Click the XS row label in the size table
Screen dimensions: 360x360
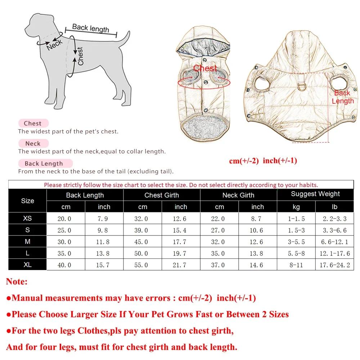click(27, 219)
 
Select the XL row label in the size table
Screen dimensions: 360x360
click(27, 265)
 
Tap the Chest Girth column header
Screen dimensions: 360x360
click(161, 195)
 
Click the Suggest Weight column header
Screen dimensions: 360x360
click(315, 194)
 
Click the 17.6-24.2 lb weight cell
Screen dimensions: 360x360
click(334, 265)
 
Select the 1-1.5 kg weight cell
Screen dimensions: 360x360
click(296, 219)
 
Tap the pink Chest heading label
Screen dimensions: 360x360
click(33, 123)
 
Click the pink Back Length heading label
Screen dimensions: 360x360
click(44, 164)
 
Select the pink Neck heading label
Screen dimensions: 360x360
click(33, 143)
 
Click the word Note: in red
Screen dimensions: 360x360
click(17, 282)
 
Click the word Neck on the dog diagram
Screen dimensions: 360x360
click(55, 46)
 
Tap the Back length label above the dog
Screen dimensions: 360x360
click(90, 28)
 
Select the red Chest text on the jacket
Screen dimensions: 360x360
click(205, 68)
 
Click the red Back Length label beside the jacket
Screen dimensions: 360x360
click(342, 97)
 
